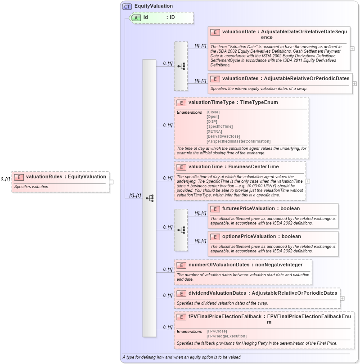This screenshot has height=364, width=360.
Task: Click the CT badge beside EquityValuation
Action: coord(127,6)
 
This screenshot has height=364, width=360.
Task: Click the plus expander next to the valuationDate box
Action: coord(352,49)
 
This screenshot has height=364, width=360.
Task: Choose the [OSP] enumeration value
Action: coord(211,121)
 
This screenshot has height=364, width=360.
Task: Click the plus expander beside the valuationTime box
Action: coord(308,181)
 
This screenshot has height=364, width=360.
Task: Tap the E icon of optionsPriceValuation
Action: coord(215,237)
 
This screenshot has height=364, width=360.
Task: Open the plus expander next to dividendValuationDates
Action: coord(342,298)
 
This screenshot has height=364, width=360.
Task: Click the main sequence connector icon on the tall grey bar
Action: coord(149,198)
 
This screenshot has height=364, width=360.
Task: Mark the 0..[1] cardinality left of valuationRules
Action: coord(5,179)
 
